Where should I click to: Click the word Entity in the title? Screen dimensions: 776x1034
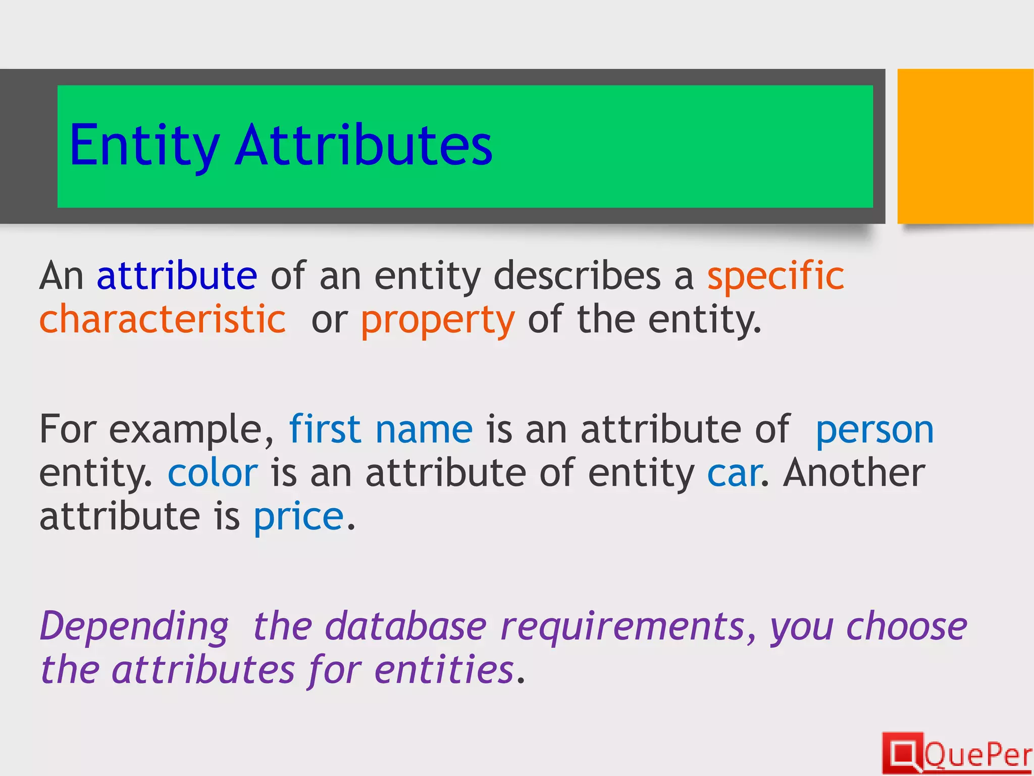click(x=144, y=147)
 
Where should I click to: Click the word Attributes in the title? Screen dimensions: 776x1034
click(x=364, y=145)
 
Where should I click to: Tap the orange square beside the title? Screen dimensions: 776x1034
click(x=965, y=146)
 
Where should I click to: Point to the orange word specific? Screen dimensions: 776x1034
click(x=775, y=277)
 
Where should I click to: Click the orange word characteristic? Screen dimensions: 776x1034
click(x=163, y=320)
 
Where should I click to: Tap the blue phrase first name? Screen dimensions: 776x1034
click(x=381, y=429)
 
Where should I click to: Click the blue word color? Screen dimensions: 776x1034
click(x=213, y=473)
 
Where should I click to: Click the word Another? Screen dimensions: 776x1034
click(x=854, y=473)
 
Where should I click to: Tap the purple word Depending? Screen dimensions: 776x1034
click(x=134, y=627)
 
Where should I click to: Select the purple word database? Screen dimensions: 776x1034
click(x=406, y=626)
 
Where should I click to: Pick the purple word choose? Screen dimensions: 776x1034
click(x=907, y=626)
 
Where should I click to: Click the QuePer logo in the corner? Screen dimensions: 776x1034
click(x=957, y=754)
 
